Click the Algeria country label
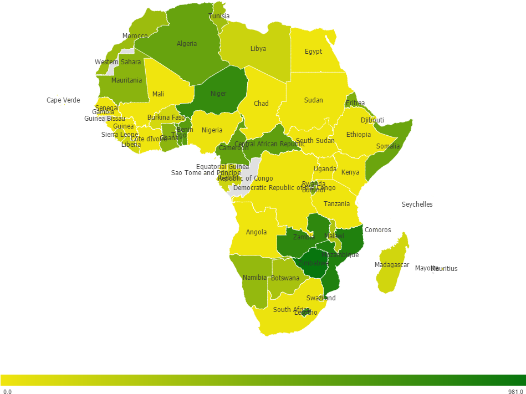[x=187, y=44]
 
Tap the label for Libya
[x=258, y=49]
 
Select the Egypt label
[x=313, y=52]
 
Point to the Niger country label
[x=218, y=94]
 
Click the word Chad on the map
[x=261, y=104]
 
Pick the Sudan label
[x=313, y=100]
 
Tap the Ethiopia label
[x=359, y=135]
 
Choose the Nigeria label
[x=212, y=130]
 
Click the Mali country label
[x=158, y=94]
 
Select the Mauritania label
[x=126, y=80]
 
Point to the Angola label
[x=256, y=232]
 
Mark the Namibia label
[x=254, y=278]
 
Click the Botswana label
[x=285, y=278]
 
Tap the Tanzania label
[x=337, y=204]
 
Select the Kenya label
[x=350, y=172]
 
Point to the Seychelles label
[x=417, y=204]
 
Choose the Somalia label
[x=387, y=146]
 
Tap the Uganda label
[x=325, y=169]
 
